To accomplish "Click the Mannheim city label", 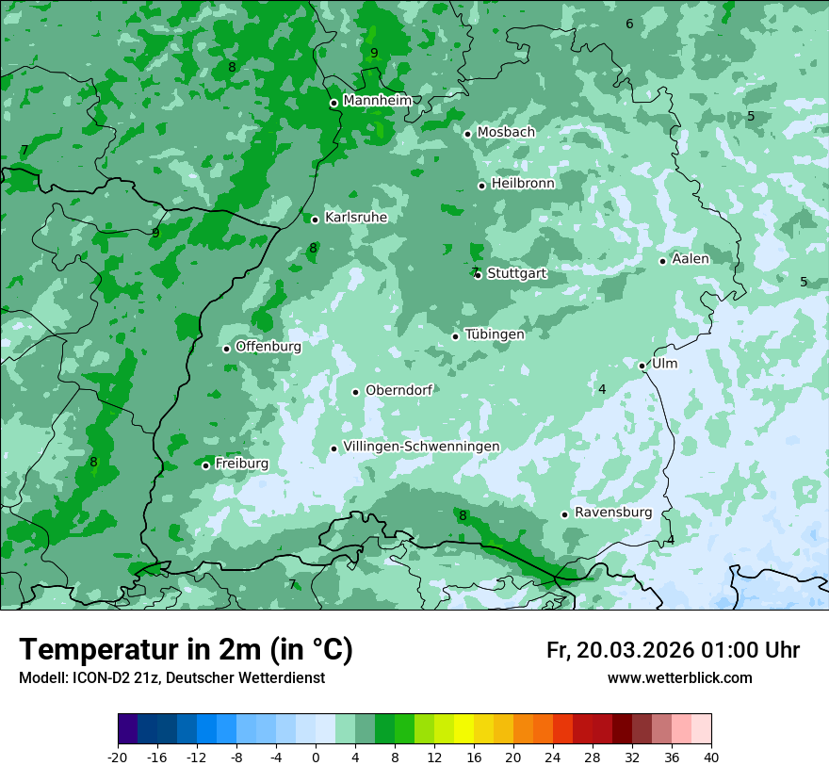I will pos(377,100).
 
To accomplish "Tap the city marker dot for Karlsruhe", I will pos(316,220).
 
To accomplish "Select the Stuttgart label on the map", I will pos(516,273).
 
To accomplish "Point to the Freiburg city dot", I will pos(205,465).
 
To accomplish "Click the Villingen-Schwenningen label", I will pos(421,447).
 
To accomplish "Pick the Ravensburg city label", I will pos(612,513).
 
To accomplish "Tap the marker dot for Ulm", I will pos(642,366).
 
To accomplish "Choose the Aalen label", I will pos(690,259).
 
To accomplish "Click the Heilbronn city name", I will pos(523,184).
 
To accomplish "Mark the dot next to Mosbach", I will pos(467,134).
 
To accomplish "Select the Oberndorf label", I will pos(398,390).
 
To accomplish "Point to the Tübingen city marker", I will pos(456,336).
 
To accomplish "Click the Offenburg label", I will pos(268,347).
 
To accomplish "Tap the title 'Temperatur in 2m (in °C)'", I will pos(186,650).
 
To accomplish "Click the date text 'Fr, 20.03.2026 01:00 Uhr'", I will pos(673,650).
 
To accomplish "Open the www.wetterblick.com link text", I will pos(679,678).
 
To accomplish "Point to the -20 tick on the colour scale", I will pos(118,757).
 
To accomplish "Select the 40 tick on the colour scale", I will pos(710,757).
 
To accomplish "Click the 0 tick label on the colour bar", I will pos(316,757).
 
